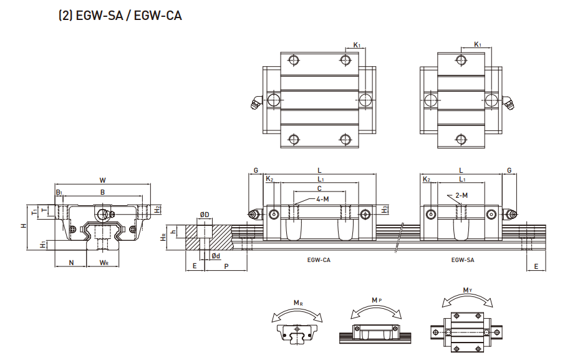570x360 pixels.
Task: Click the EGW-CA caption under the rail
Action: [x=318, y=259]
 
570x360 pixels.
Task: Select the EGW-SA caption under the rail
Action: [x=462, y=259]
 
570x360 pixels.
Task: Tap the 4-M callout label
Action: [x=322, y=199]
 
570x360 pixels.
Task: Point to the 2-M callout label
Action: [x=461, y=195]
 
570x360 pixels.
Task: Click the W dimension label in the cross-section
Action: [x=102, y=180]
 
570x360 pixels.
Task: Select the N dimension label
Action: [x=71, y=263]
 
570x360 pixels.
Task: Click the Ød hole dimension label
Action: [x=215, y=256]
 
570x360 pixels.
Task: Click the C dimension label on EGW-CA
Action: [x=319, y=188]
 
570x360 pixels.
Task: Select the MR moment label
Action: [x=299, y=303]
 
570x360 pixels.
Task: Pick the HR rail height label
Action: [x=163, y=237]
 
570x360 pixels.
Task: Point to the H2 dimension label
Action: [x=158, y=208]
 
